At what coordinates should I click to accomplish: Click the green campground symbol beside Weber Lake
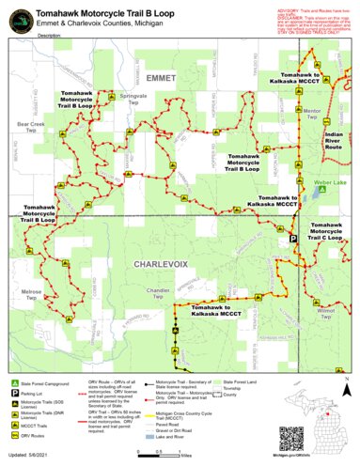(322, 189)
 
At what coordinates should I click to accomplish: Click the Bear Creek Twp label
(30, 126)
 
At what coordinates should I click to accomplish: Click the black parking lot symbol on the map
(292, 240)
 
